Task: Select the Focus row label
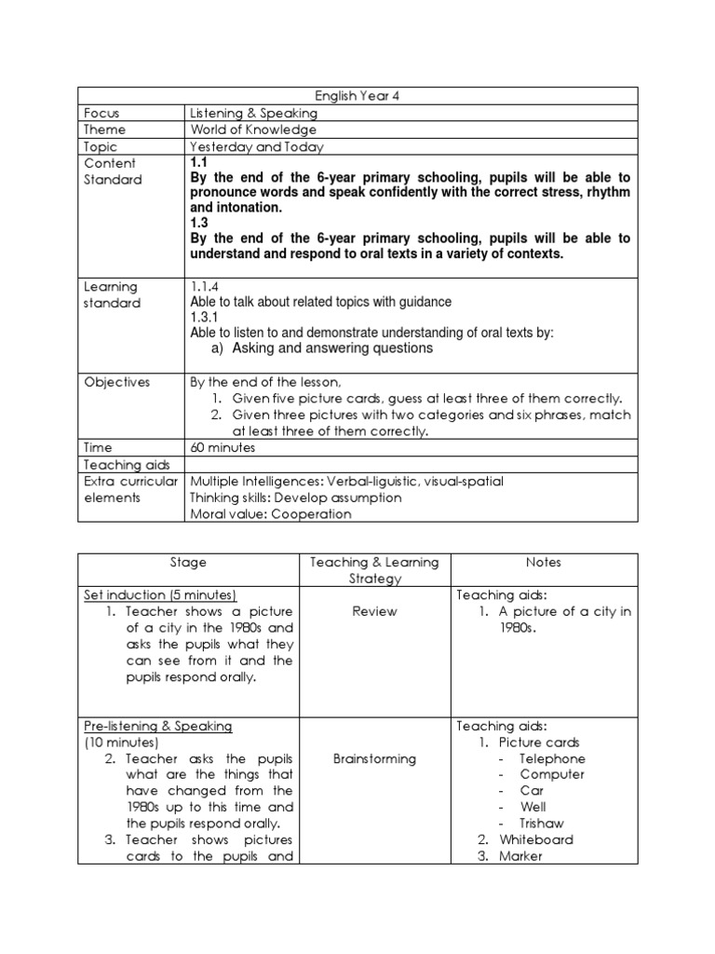(x=101, y=113)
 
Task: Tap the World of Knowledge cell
(x=253, y=129)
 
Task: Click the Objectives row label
(x=116, y=382)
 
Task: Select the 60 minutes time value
(x=222, y=448)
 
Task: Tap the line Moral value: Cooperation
(x=270, y=513)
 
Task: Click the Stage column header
(x=188, y=563)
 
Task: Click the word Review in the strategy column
(x=374, y=611)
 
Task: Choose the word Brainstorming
(x=374, y=758)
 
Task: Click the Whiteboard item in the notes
(x=536, y=839)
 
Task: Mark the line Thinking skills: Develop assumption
(x=295, y=497)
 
